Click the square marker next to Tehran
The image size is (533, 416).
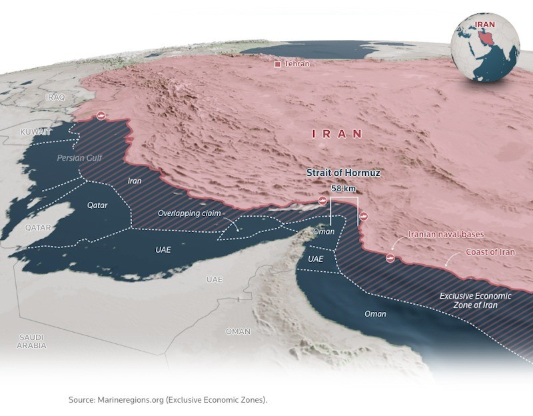pyautogui.click(x=278, y=64)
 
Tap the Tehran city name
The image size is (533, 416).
pyautogui.click(x=297, y=64)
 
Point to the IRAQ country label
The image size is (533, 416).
pyautogui.click(x=55, y=97)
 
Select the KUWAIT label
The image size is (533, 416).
pyautogui.click(x=35, y=132)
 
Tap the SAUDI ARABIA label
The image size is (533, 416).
pyautogui.click(x=32, y=341)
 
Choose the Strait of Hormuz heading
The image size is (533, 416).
pyautogui.click(x=343, y=173)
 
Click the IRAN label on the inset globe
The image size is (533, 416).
pyautogui.click(x=484, y=25)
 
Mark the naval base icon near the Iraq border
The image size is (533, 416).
pyautogui.click(x=101, y=116)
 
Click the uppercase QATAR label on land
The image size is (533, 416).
pyautogui.click(x=38, y=227)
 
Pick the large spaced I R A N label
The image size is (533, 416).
pyautogui.click(x=338, y=134)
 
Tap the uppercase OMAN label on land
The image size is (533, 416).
pyautogui.click(x=238, y=331)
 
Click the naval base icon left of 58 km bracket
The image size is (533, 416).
pyautogui.click(x=322, y=200)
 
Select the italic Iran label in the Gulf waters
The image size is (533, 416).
pyautogui.click(x=135, y=181)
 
